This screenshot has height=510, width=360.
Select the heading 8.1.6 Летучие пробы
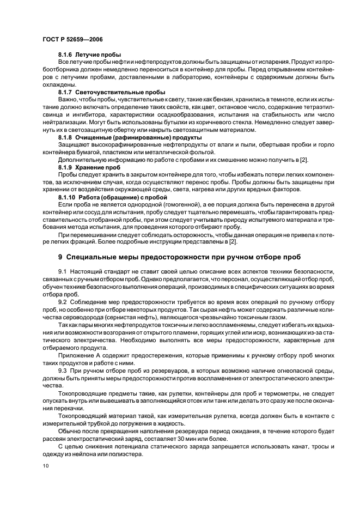pos(89,56)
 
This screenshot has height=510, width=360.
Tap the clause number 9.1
pos(62,271)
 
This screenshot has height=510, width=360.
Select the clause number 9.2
pos(62,301)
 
